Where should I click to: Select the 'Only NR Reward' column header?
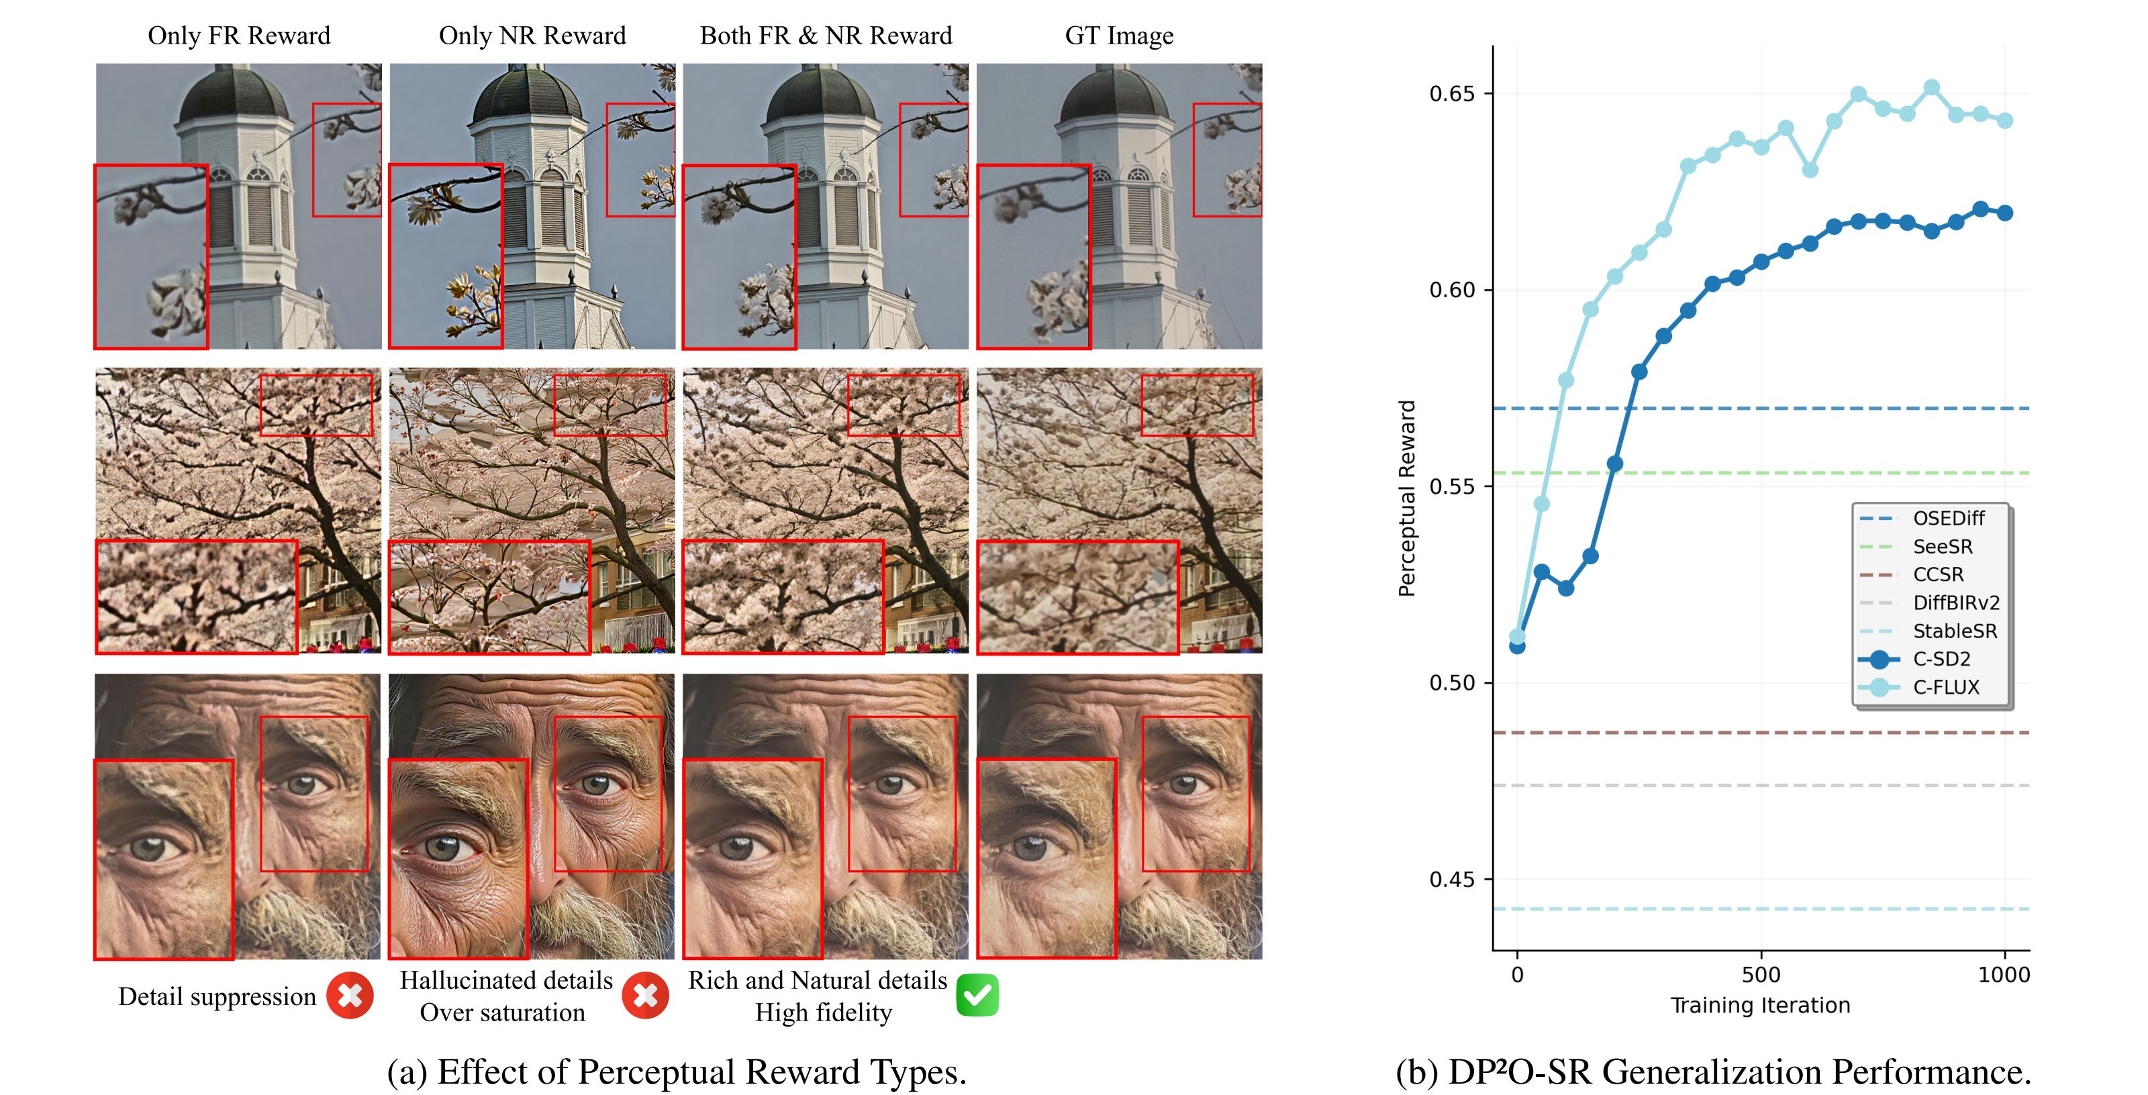tap(532, 36)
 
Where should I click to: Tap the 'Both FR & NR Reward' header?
tap(826, 36)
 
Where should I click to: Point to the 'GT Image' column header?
tap(1119, 36)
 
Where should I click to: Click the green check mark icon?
tap(977, 995)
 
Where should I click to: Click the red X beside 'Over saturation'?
tap(645, 995)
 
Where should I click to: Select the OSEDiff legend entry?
tap(1948, 519)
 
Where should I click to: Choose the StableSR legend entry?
tap(1955, 631)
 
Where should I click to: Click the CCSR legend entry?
tap(1938, 575)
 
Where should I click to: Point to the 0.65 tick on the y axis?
tap(1452, 93)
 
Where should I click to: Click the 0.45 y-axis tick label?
tap(1452, 879)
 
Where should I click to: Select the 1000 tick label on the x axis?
tap(2004, 974)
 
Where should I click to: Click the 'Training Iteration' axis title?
tap(1760, 1005)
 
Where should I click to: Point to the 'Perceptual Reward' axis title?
tap(1407, 499)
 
